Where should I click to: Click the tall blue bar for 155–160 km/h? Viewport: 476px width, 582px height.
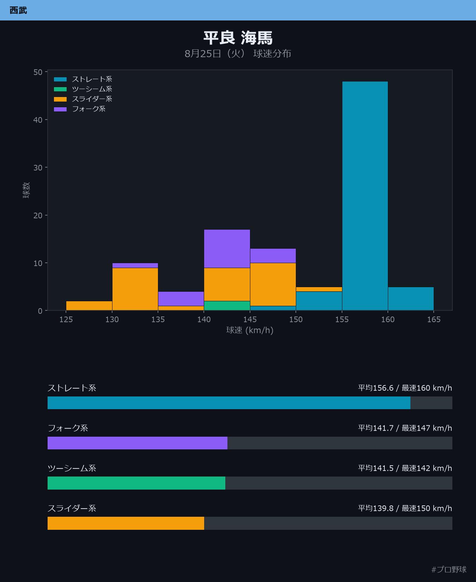[365, 196]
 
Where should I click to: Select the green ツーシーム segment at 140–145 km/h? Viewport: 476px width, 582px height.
[227, 306]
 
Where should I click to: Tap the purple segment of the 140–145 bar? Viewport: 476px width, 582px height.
[227, 249]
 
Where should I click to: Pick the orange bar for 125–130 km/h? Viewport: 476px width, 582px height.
[89, 306]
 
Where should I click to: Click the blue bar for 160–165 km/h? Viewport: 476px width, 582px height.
[411, 299]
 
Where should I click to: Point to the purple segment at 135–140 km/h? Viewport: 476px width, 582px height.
[181, 299]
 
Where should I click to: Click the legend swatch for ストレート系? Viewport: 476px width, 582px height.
[60, 79]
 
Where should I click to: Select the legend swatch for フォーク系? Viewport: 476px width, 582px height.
[60, 109]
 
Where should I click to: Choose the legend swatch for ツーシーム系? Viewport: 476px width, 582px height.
[60, 89]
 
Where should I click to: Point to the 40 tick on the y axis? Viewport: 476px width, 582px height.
[38, 120]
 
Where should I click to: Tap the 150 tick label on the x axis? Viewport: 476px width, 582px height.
[296, 320]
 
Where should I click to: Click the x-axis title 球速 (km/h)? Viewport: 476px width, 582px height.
[250, 330]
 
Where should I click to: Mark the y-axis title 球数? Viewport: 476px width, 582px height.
[26, 190]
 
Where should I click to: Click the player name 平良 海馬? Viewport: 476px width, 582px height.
[238, 38]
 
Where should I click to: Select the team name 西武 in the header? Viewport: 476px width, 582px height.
[18, 10]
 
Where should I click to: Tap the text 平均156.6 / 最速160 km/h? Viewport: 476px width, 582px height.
[405, 388]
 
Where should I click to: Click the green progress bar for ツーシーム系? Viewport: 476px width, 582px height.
[136, 483]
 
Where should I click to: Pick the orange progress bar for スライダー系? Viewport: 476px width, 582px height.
[126, 523]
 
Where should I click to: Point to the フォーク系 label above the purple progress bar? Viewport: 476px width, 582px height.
[68, 428]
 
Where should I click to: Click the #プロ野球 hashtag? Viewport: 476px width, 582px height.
[449, 569]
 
